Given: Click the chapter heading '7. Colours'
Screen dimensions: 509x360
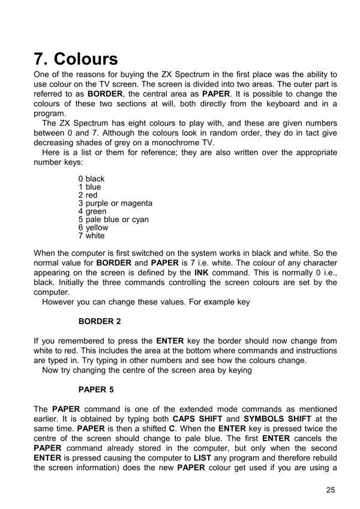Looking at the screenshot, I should click(x=76, y=59).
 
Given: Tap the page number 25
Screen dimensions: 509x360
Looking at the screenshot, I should click(x=331, y=490).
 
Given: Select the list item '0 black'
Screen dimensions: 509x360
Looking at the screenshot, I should click(x=91, y=179).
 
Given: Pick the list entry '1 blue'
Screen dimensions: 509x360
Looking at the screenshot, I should click(x=89, y=187).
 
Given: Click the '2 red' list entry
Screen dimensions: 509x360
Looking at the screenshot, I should click(x=88, y=195).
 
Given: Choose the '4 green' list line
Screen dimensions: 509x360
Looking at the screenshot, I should click(x=92, y=211).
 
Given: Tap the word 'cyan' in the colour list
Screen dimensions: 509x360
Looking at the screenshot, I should click(x=139, y=220).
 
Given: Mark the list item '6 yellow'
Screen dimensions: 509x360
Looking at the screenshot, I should click(x=93, y=227).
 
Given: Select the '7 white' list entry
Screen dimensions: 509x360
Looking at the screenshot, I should click(x=91, y=236).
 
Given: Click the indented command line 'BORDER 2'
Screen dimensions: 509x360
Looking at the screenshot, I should click(x=100, y=321).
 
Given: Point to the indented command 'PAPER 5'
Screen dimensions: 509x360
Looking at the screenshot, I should click(x=96, y=390).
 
